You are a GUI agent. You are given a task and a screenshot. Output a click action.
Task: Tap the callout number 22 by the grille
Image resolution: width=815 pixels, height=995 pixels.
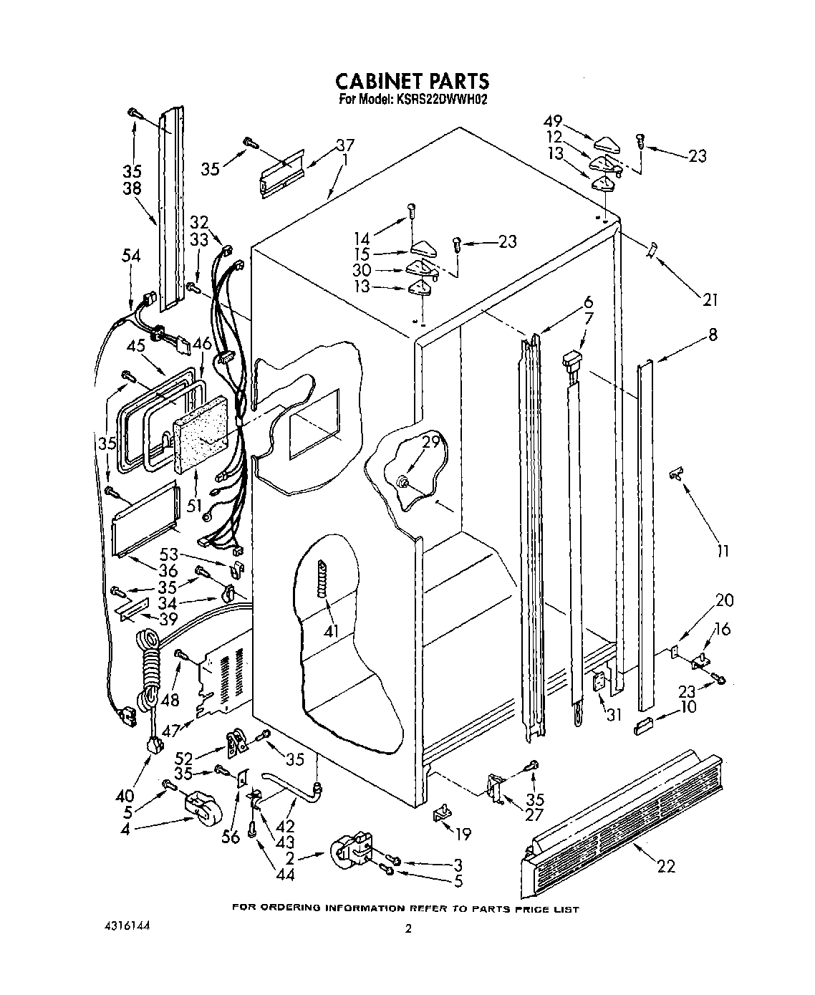(x=666, y=867)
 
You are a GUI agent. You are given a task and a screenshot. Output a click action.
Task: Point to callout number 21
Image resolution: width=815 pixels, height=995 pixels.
(x=709, y=300)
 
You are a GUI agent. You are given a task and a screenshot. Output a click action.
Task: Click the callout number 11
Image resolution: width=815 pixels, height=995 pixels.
(x=723, y=551)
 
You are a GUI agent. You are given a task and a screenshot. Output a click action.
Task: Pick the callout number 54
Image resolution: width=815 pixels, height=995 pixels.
(x=131, y=256)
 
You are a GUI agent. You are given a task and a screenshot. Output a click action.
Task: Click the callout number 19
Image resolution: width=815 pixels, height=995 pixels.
(x=463, y=834)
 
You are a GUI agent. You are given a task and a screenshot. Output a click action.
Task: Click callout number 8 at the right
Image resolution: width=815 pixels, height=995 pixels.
(x=713, y=334)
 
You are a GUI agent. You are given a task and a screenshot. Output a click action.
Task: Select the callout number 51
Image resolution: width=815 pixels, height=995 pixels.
(x=193, y=506)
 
